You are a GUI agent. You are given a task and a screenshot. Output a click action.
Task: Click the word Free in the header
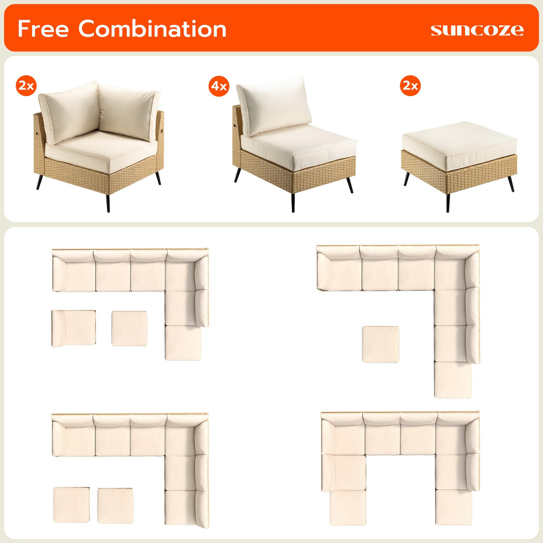(x=43, y=29)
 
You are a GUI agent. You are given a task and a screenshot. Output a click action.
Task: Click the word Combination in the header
(x=152, y=29)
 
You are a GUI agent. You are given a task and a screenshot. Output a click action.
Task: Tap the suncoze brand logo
(x=477, y=30)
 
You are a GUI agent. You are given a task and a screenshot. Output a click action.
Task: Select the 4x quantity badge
(x=219, y=86)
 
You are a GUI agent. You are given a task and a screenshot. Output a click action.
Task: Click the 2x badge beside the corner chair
(x=26, y=85)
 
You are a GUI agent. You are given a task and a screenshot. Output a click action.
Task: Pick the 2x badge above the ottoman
(x=410, y=85)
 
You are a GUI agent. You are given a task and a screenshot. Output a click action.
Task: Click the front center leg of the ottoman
(x=448, y=202)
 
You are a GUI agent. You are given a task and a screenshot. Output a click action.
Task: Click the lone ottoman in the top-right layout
(x=380, y=344)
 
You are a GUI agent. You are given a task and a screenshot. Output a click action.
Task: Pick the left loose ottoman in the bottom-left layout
(x=71, y=505)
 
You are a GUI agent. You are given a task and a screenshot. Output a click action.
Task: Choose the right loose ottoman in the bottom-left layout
(x=115, y=505)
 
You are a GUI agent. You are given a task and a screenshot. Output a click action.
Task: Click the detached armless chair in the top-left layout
(x=74, y=328)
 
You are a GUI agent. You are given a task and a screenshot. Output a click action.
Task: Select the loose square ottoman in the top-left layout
(x=129, y=328)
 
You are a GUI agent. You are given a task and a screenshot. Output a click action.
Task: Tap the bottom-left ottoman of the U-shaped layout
(x=348, y=508)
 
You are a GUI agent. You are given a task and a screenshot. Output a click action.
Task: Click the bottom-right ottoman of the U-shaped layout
(x=454, y=507)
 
